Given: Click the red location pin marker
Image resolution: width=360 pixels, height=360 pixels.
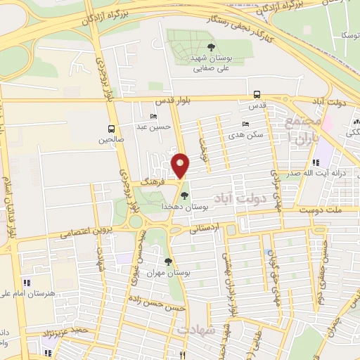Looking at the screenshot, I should pos(181,165).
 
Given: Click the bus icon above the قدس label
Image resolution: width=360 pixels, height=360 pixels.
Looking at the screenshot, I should pos(257,94).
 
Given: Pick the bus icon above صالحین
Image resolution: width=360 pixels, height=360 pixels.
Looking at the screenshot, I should pos(111,129).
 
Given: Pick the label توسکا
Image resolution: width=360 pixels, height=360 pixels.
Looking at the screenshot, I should pos(348,34).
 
